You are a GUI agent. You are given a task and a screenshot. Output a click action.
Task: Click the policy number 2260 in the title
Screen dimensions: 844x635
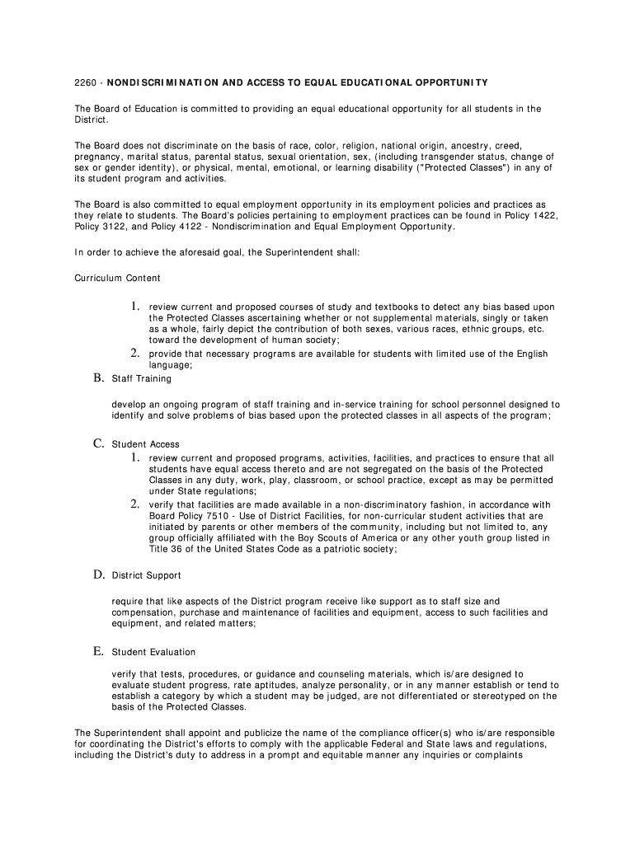(85, 82)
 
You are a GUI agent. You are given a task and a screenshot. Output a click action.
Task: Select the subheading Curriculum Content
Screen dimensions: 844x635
(118, 278)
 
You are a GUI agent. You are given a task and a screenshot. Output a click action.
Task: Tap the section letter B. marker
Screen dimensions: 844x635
(97, 378)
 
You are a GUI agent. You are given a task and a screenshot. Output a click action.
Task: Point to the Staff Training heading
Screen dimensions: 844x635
(142, 379)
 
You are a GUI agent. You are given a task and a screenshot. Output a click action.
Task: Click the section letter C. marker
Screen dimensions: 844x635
(97, 443)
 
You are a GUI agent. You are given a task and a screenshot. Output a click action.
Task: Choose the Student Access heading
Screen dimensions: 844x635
(145, 444)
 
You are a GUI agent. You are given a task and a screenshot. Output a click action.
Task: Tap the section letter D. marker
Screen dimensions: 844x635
(97, 574)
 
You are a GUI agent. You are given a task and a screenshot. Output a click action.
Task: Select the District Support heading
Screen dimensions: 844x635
(146, 575)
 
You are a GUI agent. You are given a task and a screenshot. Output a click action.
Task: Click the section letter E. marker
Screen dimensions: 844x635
(97, 651)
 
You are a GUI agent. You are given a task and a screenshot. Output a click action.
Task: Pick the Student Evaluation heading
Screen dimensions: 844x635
(153, 652)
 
